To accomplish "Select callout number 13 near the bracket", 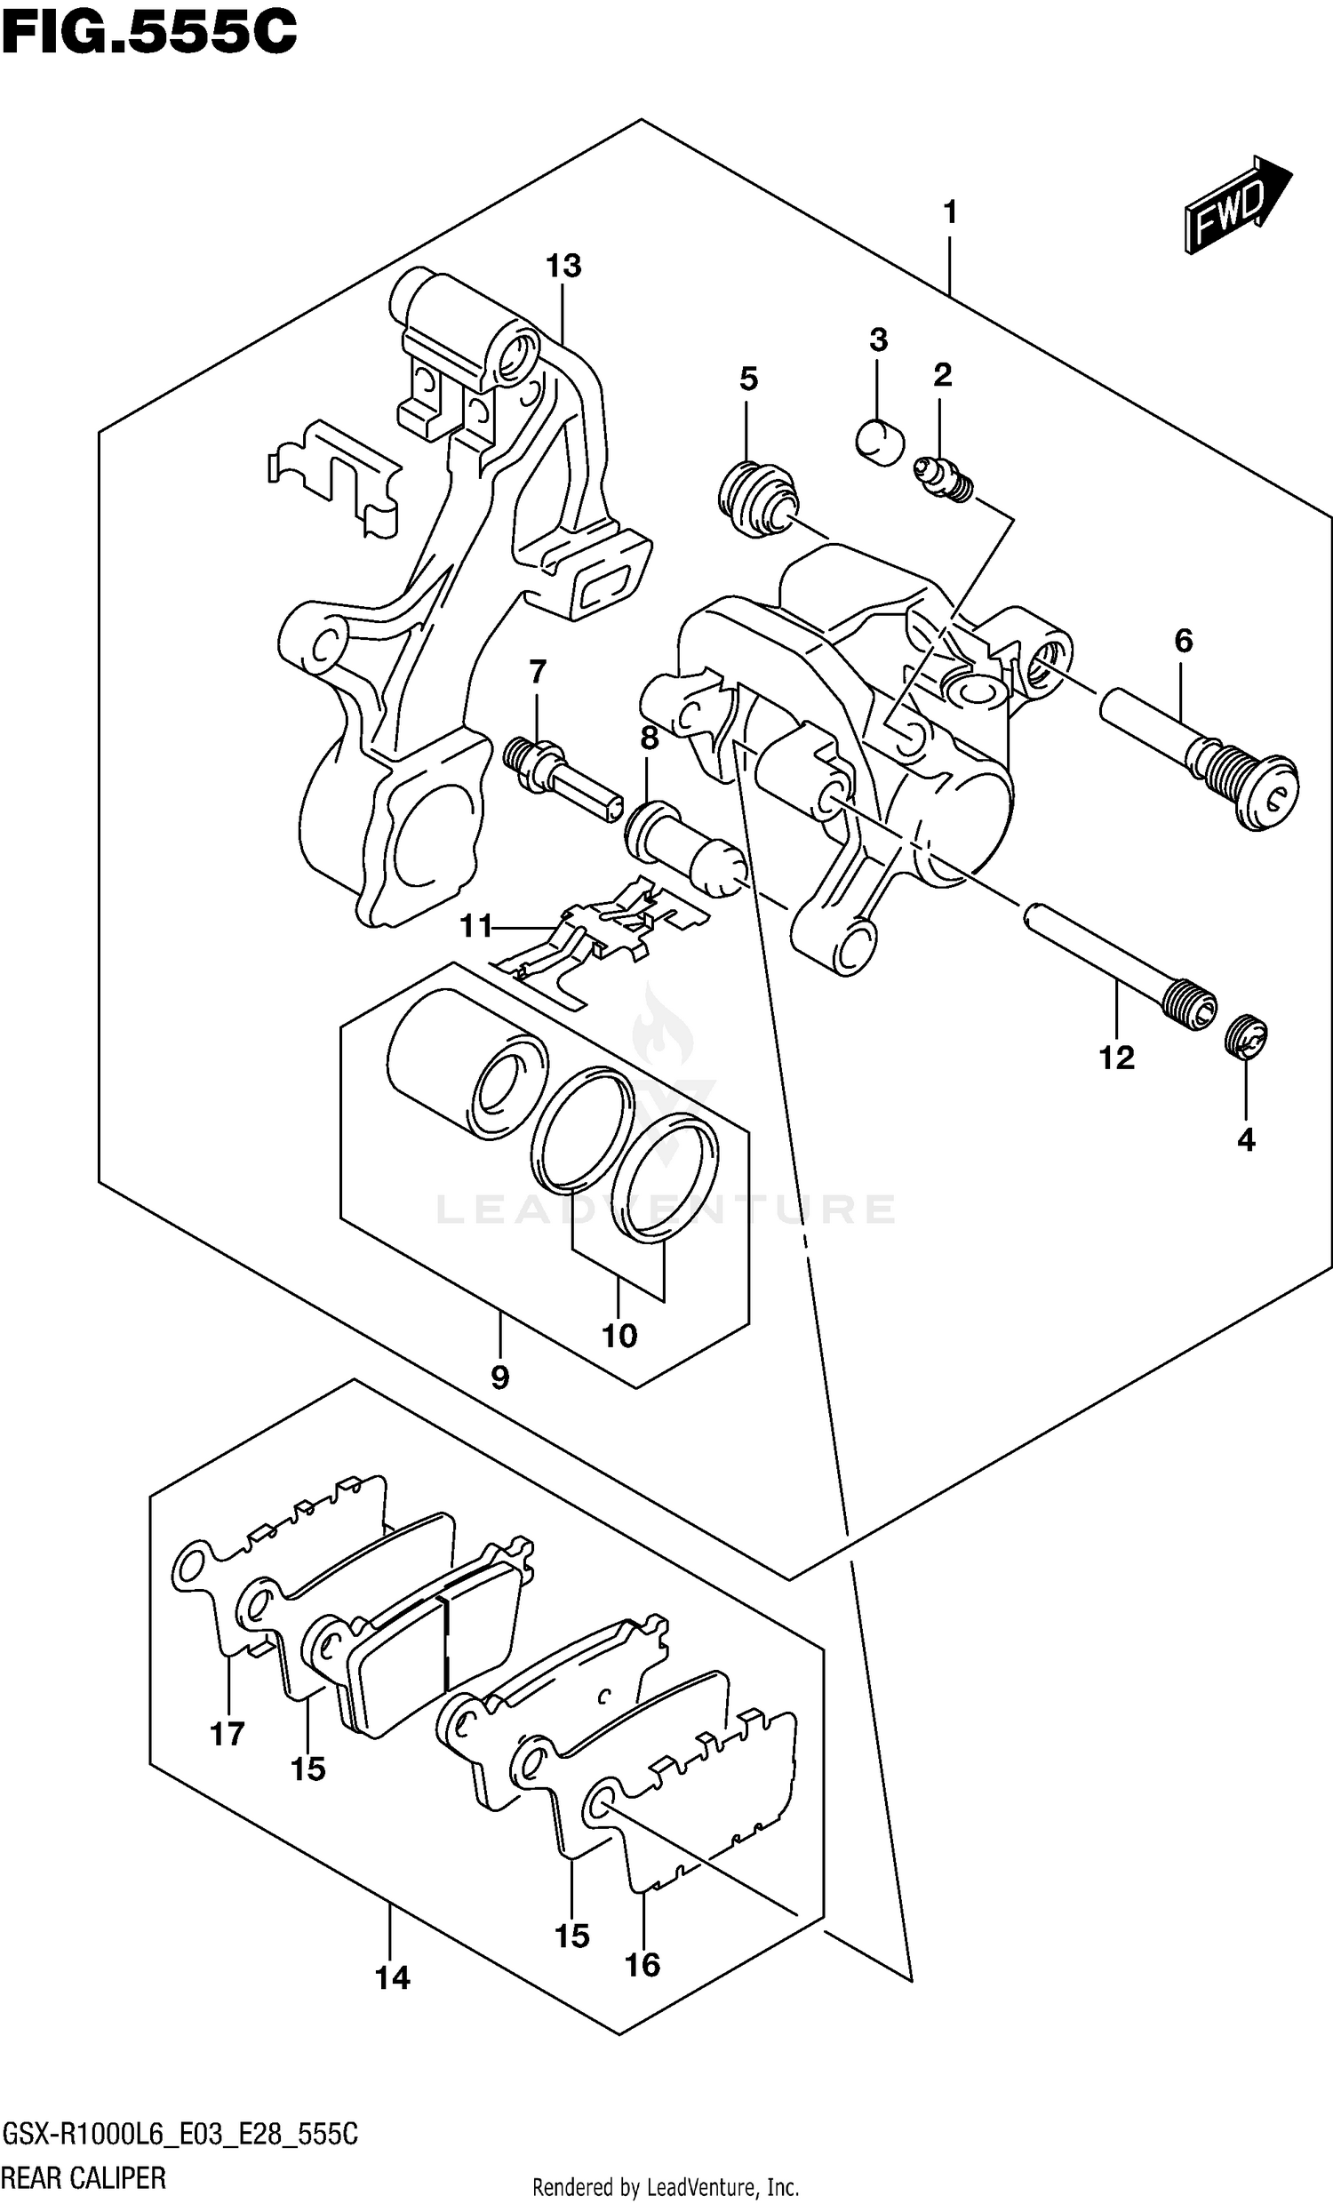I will (x=563, y=266).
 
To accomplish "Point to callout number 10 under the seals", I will (x=619, y=1336).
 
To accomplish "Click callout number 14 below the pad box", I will (x=392, y=1976).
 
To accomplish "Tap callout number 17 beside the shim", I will (x=227, y=1734).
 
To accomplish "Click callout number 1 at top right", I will (x=950, y=213).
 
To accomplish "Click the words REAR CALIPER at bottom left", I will (x=84, y=2176).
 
